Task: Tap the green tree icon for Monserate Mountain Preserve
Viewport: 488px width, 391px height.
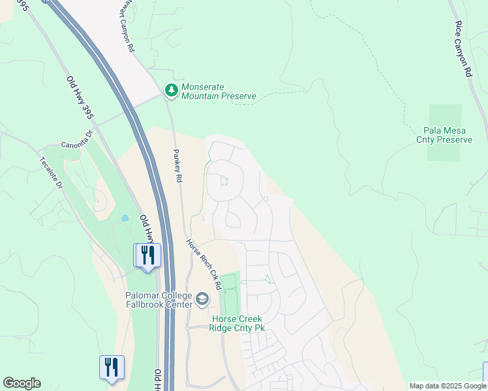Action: click(x=171, y=91)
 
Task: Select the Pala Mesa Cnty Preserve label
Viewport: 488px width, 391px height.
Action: click(x=448, y=136)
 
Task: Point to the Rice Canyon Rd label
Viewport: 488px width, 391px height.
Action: click(x=463, y=49)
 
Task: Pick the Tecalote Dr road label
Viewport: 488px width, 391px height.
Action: click(x=50, y=173)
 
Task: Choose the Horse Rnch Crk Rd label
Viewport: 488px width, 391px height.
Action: click(x=204, y=265)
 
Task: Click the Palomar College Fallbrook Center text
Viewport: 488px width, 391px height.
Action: click(x=159, y=300)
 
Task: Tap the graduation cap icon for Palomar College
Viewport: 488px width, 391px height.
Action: click(x=202, y=300)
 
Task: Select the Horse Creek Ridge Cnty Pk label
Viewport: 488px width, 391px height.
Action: click(x=237, y=323)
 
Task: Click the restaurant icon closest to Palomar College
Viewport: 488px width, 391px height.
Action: click(x=147, y=255)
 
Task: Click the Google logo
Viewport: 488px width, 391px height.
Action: click(x=22, y=383)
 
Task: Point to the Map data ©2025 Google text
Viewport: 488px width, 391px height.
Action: click(x=448, y=386)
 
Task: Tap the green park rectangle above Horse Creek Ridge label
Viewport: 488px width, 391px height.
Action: click(x=230, y=293)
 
